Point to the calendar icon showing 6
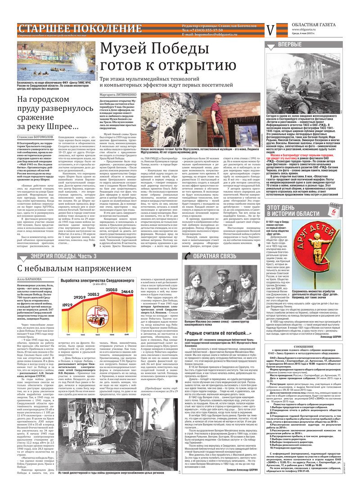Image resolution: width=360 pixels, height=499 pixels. (347, 199)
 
